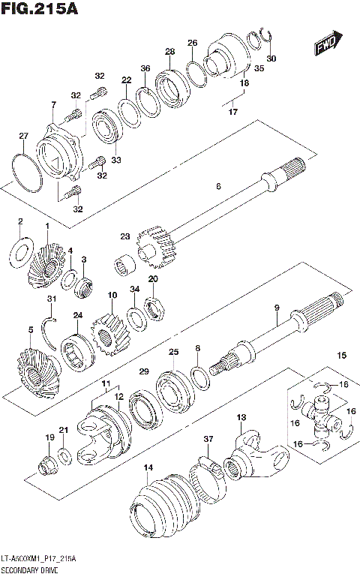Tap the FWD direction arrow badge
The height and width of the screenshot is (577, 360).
pyautogui.click(x=328, y=44)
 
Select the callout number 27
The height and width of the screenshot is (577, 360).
pyautogui.click(x=23, y=137)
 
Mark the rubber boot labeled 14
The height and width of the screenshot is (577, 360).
pyautogui.click(x=161, y=503)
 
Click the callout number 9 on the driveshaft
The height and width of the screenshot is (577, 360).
pyautogui.click(x=276, y=308)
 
